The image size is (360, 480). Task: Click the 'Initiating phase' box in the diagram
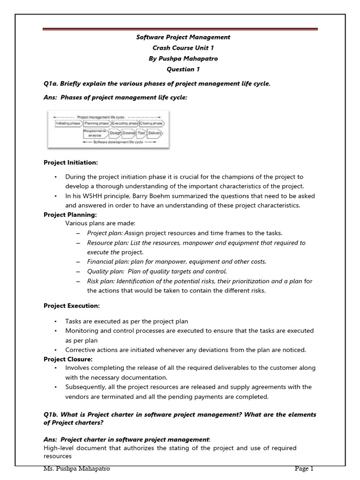[x=68, y=123]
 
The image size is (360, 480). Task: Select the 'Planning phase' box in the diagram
[x=97, y=123]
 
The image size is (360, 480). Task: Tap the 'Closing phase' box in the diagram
[x=152, y=123]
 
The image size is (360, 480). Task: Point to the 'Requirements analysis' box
[x=95, y=133]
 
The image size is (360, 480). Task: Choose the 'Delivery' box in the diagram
[x=155, y=133]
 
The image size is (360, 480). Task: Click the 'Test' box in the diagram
[x=142, y=133]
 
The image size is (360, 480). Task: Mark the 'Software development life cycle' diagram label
[x=124, y=141]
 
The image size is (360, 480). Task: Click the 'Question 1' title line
[x=180, y=69]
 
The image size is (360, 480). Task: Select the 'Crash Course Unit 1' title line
[x=180, y=48]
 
